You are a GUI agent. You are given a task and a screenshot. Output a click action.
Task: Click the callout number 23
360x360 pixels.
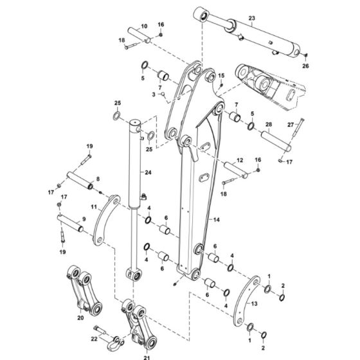pos(251,18)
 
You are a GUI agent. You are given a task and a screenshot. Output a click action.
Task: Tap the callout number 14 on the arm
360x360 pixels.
pos(217,221)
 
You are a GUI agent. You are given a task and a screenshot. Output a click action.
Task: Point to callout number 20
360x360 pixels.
pos(80,317)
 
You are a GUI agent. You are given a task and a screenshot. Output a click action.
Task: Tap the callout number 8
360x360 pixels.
pos(97,180)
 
